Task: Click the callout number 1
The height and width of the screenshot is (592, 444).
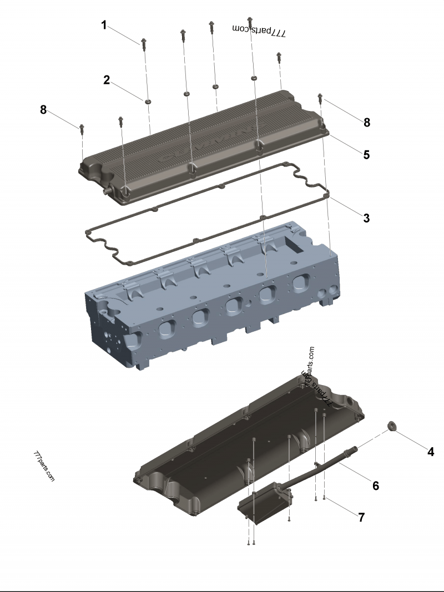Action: tap(104, 25)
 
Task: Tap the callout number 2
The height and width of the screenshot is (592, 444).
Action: tap(107, 80)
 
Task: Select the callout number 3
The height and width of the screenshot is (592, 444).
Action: tap(366, 218)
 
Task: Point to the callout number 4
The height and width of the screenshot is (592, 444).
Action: tap(430, 452)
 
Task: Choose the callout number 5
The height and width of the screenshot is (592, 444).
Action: tap(366, 154)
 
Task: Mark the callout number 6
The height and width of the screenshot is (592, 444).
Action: tap(376, 486)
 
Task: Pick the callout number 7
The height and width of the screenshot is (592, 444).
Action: tap(361, 517)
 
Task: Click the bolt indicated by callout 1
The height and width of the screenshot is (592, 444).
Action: tap(144, 43)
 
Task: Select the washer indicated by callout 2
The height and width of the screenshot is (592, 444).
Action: tap(148, 101)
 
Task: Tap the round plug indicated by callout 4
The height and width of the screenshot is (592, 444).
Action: tap(390, 427)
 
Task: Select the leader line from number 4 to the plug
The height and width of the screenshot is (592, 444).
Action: tap(411, 439)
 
